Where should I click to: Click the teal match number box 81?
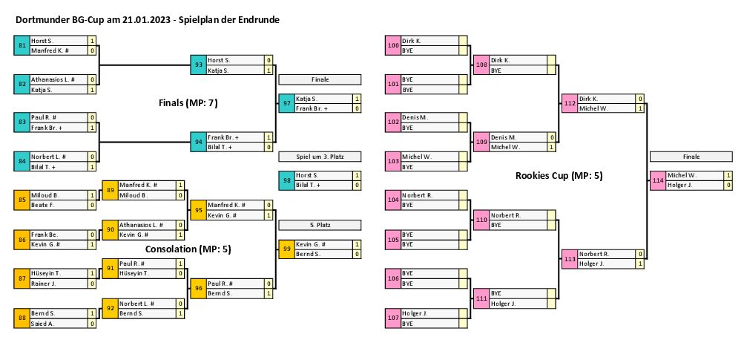tap(22, 46)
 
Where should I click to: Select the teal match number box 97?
tap(287, 103)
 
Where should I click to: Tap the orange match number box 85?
tap(22, 200)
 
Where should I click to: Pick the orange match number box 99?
tap(287, 249)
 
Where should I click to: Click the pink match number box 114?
tap(658, 180)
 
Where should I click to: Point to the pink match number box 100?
tap(393, 46)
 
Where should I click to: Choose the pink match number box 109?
tap(481, 142)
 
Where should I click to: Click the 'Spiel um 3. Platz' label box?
tap(320, 157)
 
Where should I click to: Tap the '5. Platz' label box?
tap(320, 224)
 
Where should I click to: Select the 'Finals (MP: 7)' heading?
tap(188, 102)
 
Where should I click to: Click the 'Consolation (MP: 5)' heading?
tap(188, 249)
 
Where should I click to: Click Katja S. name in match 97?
tap(323, 99)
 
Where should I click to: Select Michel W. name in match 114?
tap(694, 175)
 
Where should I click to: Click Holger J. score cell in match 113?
tap(639, 264)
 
